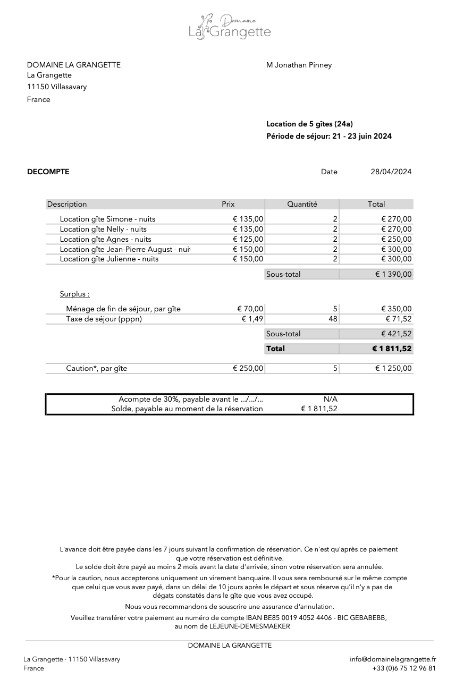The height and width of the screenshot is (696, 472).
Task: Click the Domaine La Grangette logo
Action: click(x=230, y=27)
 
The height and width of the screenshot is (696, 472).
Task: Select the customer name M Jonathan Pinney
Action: click(x=299, y=65)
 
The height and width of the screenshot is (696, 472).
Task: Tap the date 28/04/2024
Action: click(x=391, y=172)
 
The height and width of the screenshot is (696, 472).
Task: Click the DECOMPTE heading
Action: click(x=48, y=172)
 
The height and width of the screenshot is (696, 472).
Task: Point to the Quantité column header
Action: click(x=302, y=204)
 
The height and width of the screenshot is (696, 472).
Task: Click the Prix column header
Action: click(x=228, y=204)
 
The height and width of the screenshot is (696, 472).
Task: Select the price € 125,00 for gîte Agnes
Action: click(x=248, y=239)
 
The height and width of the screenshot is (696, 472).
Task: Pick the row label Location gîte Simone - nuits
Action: click(x=107, y=219)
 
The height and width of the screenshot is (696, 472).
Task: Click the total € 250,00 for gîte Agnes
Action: click(x=396, y=239)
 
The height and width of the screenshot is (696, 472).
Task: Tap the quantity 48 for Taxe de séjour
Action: click(x=333, y=319)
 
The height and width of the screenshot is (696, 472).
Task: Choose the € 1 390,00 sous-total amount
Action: click(x=393, y=274)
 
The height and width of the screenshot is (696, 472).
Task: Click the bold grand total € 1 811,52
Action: click(x=392, y=349)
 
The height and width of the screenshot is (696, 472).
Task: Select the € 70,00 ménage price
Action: click(x=250, y=309)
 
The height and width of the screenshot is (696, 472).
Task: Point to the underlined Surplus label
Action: click(x=74, y=294)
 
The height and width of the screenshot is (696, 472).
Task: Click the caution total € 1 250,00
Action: click(x=393, y=368)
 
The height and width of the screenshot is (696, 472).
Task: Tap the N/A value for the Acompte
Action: click(x=330, y=399)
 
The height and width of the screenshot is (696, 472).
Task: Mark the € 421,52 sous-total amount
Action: click(x=396, y=334)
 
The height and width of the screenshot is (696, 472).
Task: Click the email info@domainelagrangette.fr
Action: click(x=393, y=659)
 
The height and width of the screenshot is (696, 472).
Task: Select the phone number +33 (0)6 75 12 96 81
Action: click(x=404, y=668)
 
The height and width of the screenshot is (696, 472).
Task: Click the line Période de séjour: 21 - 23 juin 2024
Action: click(x=329, y=136)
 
